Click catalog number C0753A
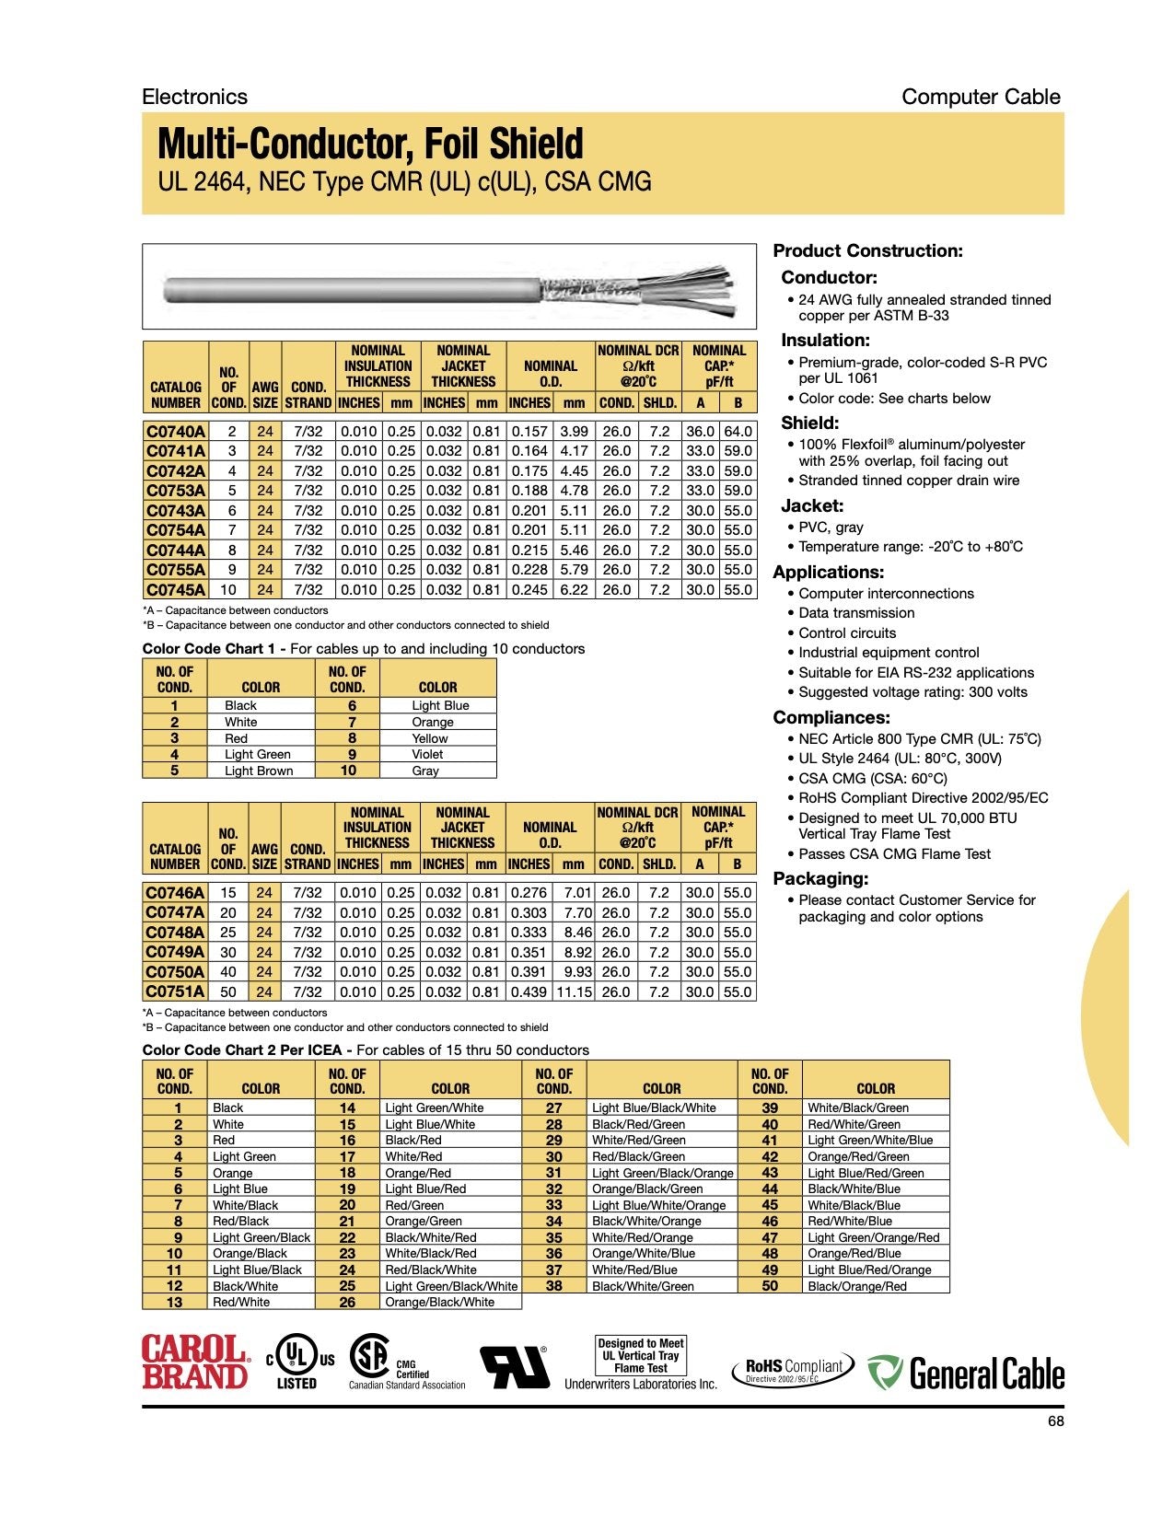tap(176, 491)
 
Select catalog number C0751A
tap(175, 991)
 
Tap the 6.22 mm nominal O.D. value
tap(574, 589)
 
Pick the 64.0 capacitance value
tap(738, 431)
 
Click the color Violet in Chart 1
tap(427, 754)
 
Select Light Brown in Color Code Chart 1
tap(259, 771)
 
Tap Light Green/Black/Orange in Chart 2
tap(662, 1173)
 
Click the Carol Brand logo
tap(195, 1362)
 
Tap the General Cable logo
tap(966, 1373)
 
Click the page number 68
tap(1055, 1421)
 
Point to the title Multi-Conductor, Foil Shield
tap(370, 144)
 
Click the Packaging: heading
tap(820, 878)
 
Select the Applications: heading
tap(828, 572)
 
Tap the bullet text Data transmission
tap(856, 613)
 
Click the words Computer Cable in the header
tap(981, 97)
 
